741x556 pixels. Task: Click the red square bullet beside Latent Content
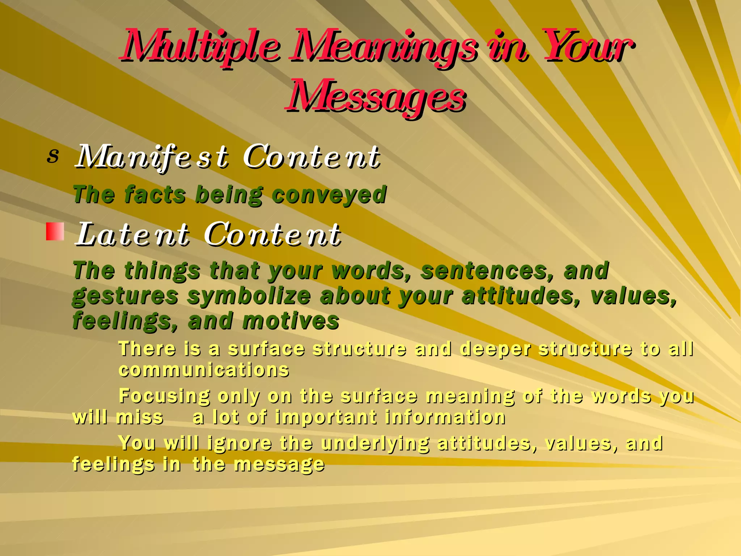pos(55,232)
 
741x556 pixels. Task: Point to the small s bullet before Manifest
pos(53,156)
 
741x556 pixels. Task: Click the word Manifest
pos(152,157)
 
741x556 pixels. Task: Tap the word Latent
pos(132,235)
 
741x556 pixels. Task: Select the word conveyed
pos(329,195)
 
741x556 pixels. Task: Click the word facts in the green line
pos(155,195)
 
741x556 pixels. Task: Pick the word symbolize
pos(249,296)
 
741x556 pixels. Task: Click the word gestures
pos(125,296)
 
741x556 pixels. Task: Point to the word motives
pos(291,321)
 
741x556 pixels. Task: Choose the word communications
pos(204,370)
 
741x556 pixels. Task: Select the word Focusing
pos(164,396)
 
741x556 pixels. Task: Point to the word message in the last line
pos(279,464)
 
